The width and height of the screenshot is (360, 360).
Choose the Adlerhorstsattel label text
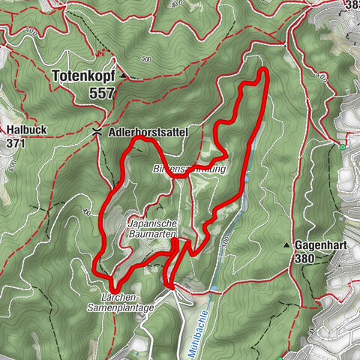click(x=146, y=131)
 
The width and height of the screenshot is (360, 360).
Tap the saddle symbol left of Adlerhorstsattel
click(x=97, y=131)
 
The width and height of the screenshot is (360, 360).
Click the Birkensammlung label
click(x=189, y=169)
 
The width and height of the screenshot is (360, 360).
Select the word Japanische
click(x=152, y=223)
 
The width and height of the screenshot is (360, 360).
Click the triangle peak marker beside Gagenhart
click(x=286, y=245)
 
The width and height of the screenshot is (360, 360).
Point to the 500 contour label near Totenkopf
click(x=145, y=59)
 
